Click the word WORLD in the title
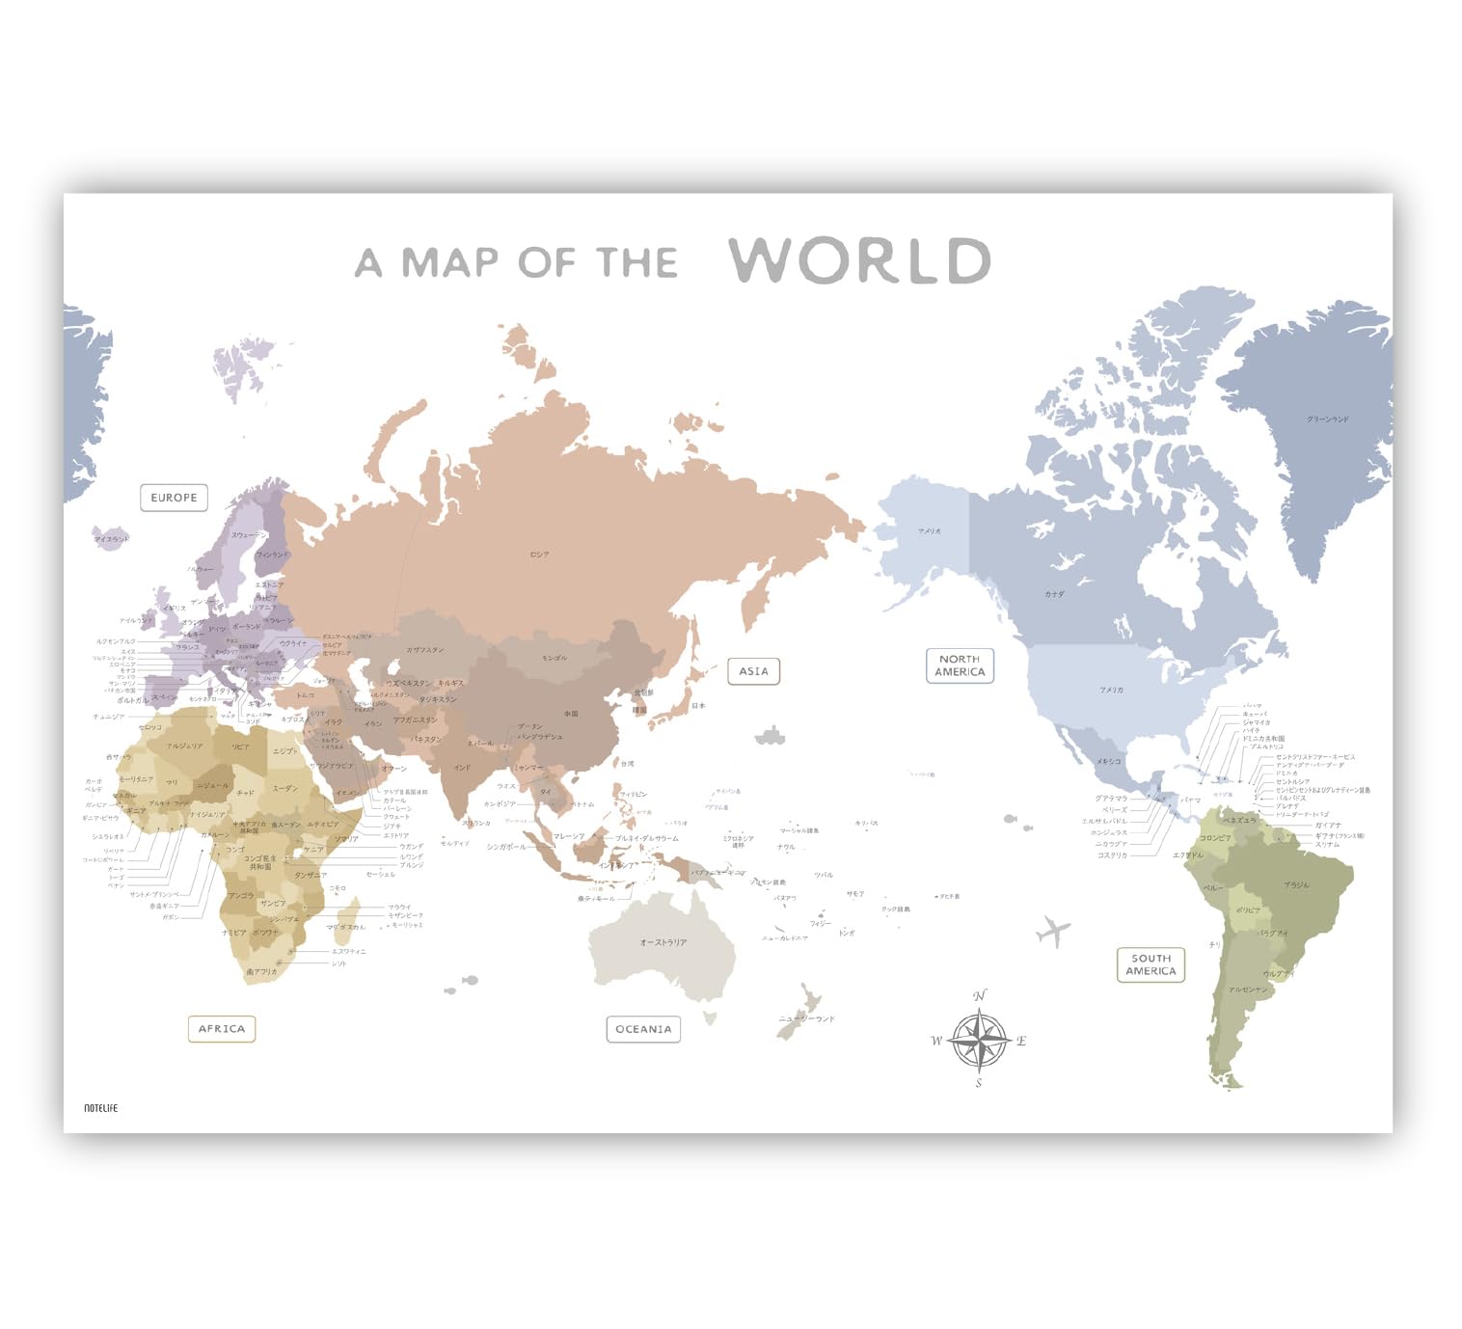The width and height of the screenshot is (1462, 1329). pos(859,260)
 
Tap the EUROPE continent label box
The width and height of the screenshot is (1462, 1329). pos(174,498)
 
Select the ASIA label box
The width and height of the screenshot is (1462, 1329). pos(753,671)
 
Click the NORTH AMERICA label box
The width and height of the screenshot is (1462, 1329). pos(960,665)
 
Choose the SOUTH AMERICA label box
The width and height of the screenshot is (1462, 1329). pos(1151,964)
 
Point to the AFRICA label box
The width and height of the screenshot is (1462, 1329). pos(221,1029)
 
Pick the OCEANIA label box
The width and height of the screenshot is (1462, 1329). pos(643,1029)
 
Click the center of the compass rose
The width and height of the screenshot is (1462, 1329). pos(979,1040)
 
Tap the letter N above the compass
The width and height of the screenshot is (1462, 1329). pos(980,995)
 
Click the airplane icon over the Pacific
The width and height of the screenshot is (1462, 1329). pos(1053,932)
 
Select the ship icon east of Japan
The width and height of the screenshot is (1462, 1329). pos(770,737)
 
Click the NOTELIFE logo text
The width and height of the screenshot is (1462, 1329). pos(100,1108)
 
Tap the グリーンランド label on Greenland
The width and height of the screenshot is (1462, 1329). pos(1327,420)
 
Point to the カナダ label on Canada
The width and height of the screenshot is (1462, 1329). pos(1054,594)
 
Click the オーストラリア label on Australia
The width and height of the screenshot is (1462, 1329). pos(663,942)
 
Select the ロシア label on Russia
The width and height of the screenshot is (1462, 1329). pos(539,555)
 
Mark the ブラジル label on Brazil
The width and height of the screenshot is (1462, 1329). pos(1296,884)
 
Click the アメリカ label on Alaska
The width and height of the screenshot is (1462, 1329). pos(929,531)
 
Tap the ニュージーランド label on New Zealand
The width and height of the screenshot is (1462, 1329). pos(806,1018)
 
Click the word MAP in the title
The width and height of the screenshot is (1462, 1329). pos(449,262)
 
